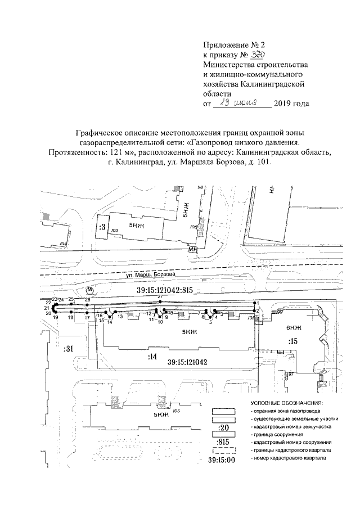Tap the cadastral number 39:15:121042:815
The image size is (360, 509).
(x=165, y=290)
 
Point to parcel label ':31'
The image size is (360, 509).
(x=69, y=349)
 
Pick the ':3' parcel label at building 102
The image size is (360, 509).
(x=102, y=228)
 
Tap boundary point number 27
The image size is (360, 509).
(x=160, y=296)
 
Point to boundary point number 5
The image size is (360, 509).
(x=210, y=322)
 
